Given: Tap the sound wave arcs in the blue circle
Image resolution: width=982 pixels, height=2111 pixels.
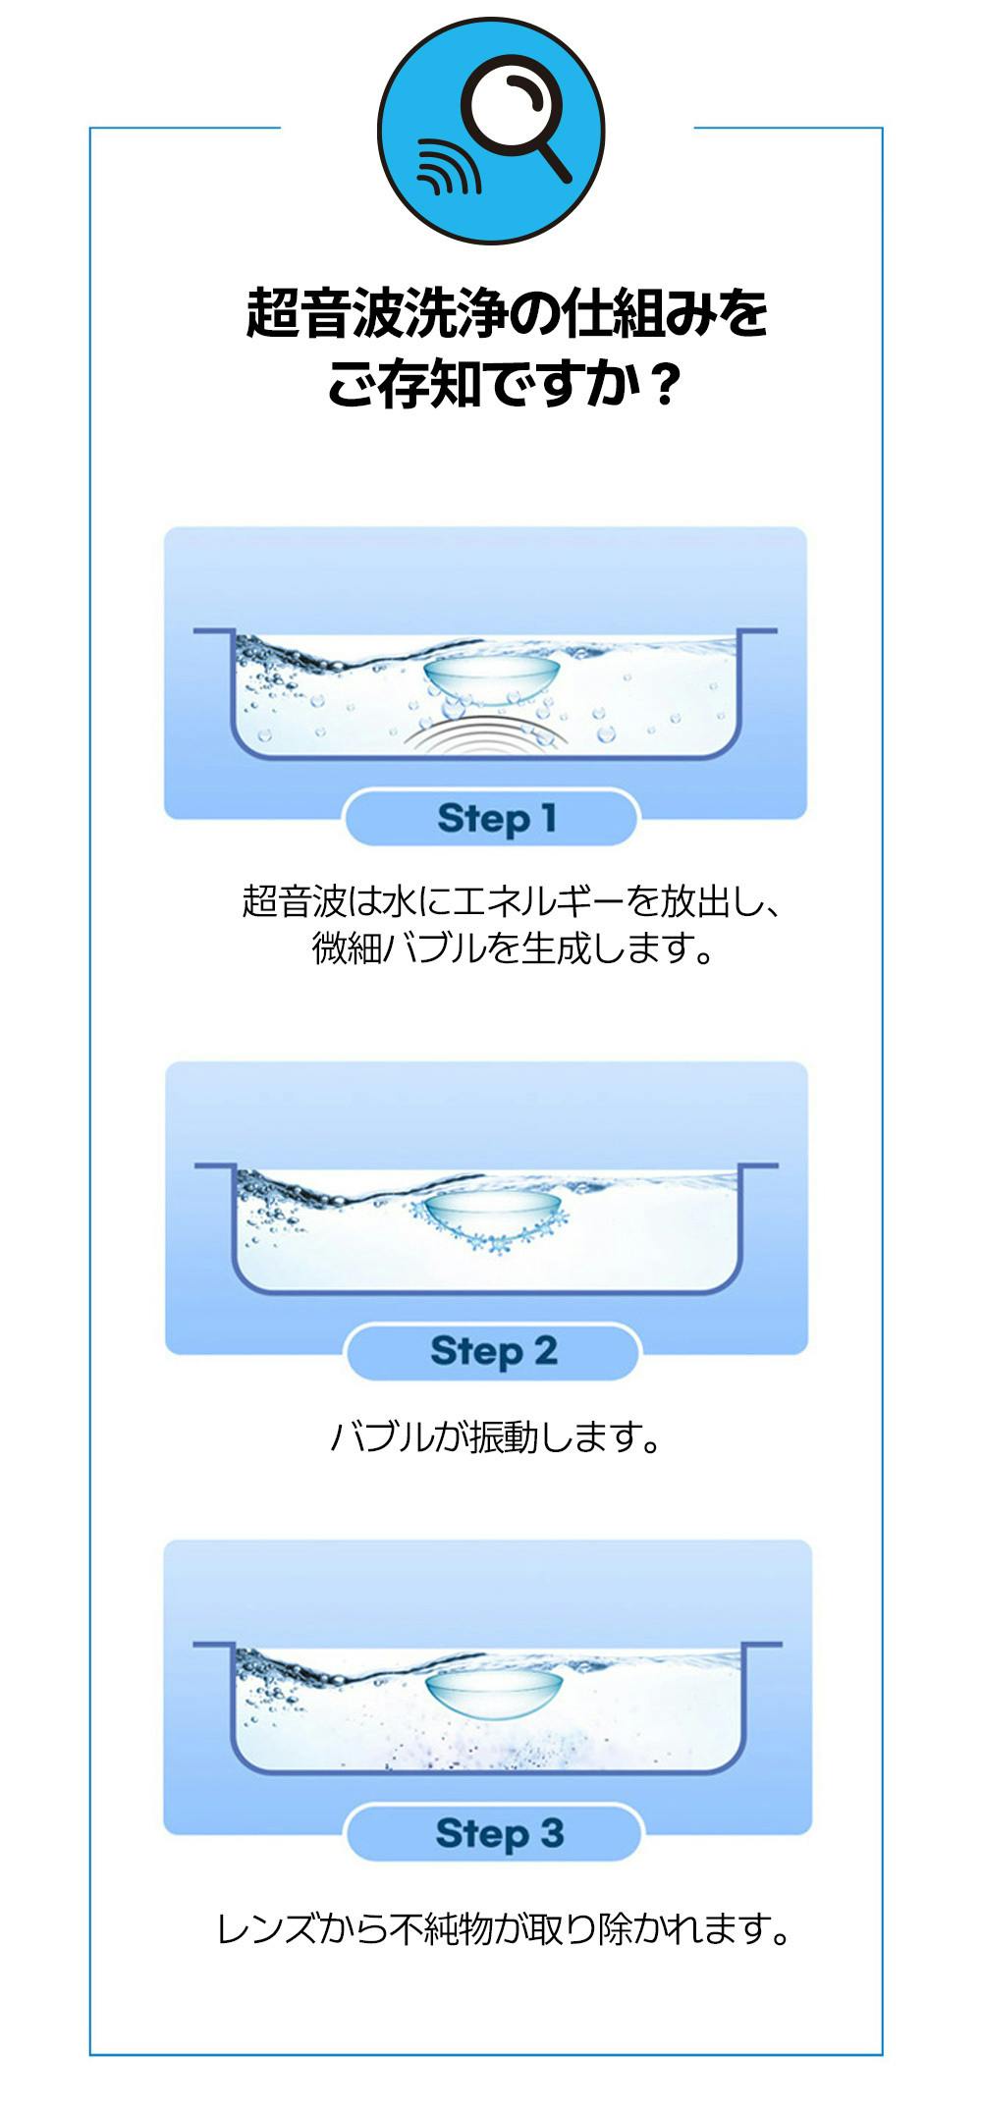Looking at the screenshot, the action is point(448,168).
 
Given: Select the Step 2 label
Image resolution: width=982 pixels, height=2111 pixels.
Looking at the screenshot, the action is point(493,1351).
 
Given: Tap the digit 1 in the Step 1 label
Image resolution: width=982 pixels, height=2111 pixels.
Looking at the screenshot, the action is point(548,817).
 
